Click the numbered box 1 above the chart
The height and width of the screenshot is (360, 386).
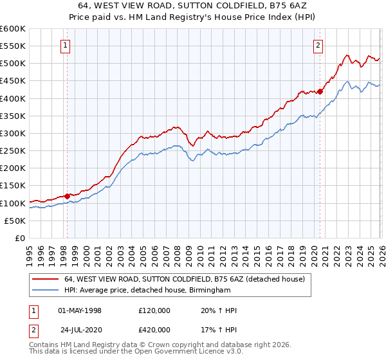tap(66, 45)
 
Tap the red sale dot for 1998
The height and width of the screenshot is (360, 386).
tap(67, 196)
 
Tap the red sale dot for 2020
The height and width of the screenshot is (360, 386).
tap(320, 91)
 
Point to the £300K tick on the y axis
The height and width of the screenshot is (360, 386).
tap(13, 133)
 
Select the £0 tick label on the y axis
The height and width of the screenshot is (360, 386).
tap(20, 238)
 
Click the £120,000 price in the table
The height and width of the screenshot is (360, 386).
tap(154, 310)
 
